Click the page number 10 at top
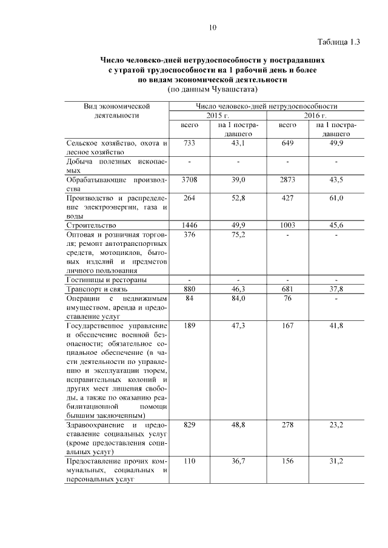click(x=212, y=27)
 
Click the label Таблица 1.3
click(x=339, y=42)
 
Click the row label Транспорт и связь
click(x=98, y=289)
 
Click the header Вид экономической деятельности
click(x=116, y=110)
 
